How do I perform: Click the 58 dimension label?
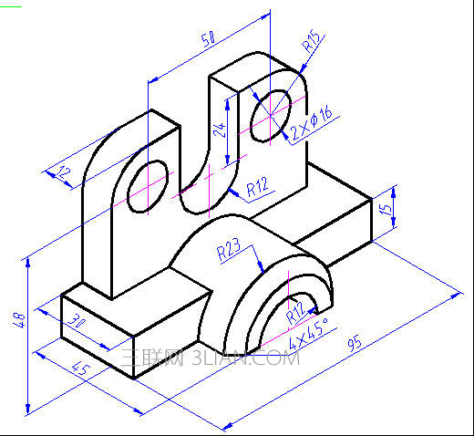(208, 38)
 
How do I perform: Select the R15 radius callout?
(311, 41)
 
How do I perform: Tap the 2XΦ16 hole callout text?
(311, 124)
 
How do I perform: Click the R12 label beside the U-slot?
(258, 186)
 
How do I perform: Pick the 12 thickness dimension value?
(64, 172)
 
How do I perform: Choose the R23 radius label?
(229, 250)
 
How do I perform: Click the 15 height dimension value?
(386, 210)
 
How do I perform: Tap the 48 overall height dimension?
(19, 320)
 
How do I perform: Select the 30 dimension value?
(76, 321)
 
